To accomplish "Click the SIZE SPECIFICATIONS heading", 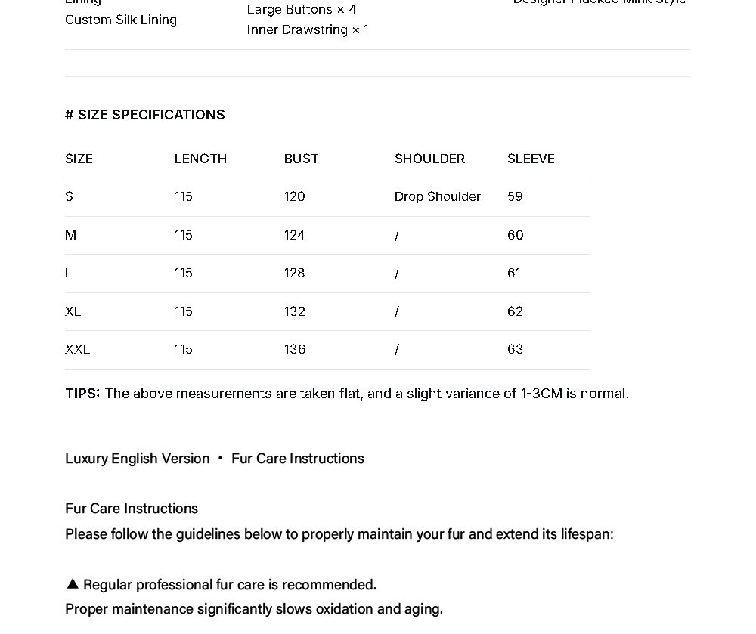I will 145,115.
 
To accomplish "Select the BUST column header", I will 301,159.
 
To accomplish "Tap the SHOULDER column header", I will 429,159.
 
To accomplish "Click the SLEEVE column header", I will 531,159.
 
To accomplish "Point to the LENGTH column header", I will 200,159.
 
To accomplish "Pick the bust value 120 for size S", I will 294,196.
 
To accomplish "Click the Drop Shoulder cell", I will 437,196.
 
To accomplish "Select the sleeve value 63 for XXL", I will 515,349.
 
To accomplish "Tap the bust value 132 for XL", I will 294,311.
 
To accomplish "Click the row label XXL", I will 77,349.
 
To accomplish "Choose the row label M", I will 70,235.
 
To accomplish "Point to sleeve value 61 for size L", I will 514,273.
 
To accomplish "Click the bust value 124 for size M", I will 294,235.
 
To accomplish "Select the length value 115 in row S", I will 183,196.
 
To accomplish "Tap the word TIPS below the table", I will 82,394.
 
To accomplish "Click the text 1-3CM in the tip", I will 541,394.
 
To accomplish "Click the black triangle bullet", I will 73,583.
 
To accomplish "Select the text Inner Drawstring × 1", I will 308,30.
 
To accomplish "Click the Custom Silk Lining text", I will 121,20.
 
